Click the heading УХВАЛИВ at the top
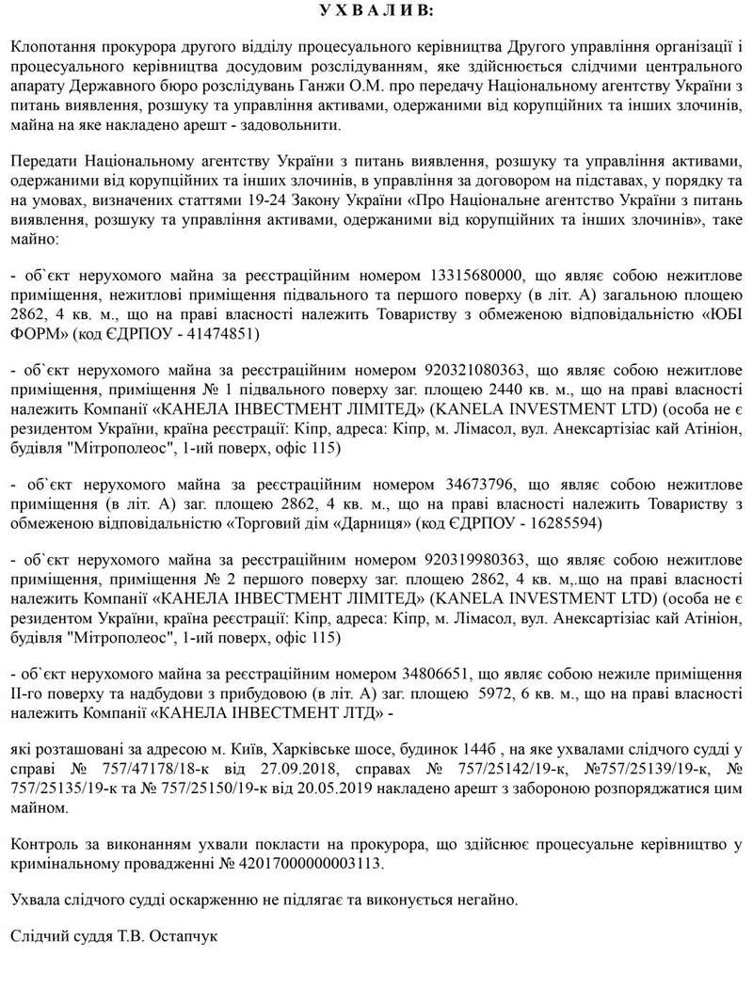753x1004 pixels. [x=376, y=10]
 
